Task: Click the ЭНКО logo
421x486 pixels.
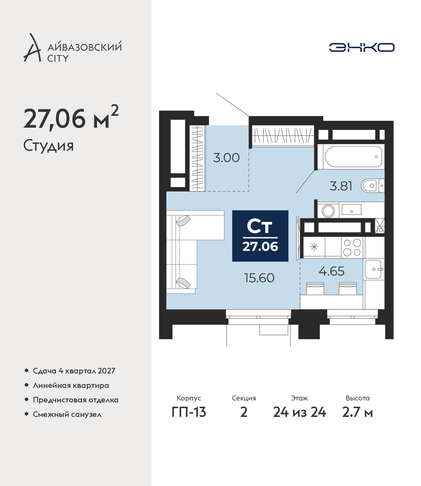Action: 361,47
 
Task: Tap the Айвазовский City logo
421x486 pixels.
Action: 72,48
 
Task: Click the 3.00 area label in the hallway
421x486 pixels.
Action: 226,158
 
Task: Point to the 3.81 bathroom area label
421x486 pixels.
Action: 341,186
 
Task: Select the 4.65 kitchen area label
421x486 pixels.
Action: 332,271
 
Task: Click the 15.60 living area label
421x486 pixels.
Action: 259,278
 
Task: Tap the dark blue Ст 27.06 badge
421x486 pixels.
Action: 260,236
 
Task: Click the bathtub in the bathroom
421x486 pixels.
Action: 354,157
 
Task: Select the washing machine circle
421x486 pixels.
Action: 328,211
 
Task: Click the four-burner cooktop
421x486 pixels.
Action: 352,247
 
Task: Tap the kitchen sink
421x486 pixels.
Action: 374,269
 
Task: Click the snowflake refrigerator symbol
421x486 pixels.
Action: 314,247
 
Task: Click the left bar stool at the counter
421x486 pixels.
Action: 315,289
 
